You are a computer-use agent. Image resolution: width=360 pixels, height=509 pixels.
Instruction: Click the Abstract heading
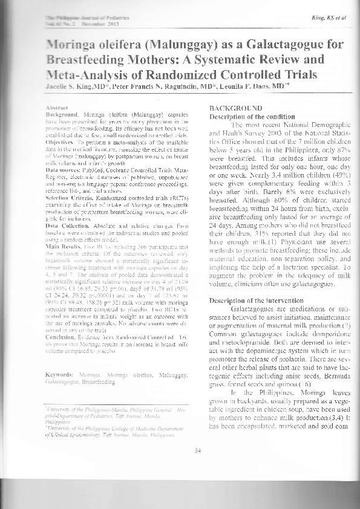[x=56, y=106]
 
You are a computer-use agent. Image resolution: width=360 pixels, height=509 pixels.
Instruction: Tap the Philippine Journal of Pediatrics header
[x=76, y=19]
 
